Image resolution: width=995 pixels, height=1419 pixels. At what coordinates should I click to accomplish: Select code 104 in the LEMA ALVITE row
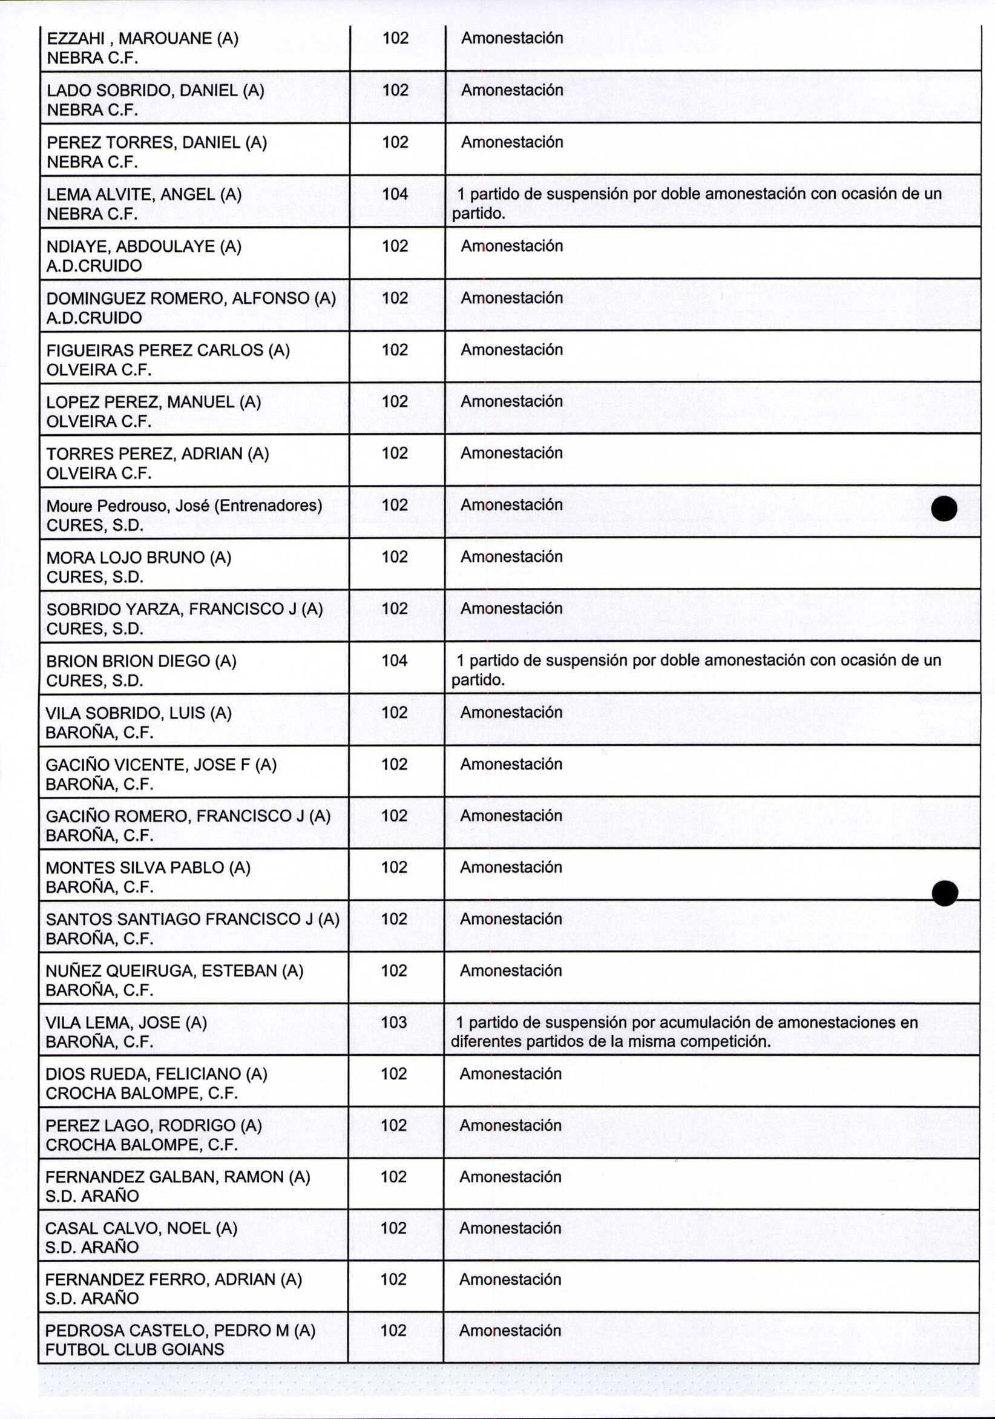(x=395, y=194)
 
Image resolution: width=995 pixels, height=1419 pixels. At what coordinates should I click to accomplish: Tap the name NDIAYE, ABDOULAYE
(x=133, y=246)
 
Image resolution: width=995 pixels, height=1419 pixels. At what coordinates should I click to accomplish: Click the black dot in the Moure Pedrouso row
(x=944, y=509)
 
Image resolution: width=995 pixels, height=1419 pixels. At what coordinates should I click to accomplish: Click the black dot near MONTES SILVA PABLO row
(x=944, y=893)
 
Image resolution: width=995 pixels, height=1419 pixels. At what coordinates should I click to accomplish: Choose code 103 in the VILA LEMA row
(x=394, y=1022)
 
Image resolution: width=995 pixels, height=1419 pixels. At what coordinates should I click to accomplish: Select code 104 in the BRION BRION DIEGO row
(x=395, y=660)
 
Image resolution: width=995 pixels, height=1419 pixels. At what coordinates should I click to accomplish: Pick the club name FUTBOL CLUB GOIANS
(x=135, y=1349)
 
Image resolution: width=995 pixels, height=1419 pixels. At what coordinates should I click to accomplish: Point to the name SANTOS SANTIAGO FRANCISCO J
(x=180, y=919)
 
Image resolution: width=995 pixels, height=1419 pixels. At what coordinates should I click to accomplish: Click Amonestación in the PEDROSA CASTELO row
(x=510, y=1331)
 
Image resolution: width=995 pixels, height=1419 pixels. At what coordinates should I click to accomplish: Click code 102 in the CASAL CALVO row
(x=393, y=1228)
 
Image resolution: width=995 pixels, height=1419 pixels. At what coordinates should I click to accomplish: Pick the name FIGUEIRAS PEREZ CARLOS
(x=155, y=350)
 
